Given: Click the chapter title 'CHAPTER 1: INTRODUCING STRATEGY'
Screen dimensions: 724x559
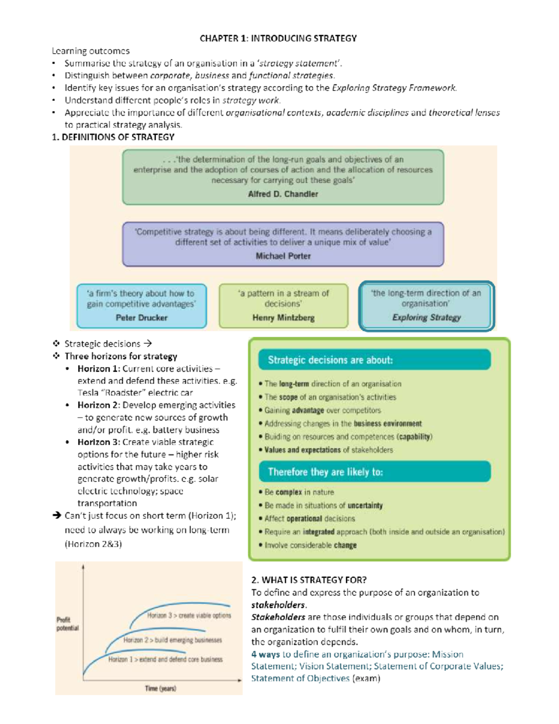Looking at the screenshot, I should [x=278, y=38].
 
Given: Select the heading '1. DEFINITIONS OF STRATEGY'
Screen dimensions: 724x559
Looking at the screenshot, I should [x=113, y=137].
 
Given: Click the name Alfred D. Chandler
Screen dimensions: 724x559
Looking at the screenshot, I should [x=283, y=194].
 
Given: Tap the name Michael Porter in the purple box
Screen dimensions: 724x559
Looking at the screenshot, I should [x=283, y=256].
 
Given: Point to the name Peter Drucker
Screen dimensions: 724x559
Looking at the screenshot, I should [x=141, y=317].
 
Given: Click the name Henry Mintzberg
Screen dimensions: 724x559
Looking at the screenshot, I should [x=283, y=317].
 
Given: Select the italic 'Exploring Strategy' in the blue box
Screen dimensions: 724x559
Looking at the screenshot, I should [x=426, y=317].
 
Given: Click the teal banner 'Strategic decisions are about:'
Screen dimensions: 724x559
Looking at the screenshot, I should [x=330, y=360].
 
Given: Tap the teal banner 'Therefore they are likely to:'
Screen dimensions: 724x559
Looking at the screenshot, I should [x=325, y=472].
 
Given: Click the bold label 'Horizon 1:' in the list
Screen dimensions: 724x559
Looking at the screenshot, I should [x=99, y=368].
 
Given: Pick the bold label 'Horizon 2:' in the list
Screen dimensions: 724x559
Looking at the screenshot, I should [x=99, y=405].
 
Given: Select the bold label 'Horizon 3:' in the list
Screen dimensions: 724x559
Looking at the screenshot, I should [x=99, y=442].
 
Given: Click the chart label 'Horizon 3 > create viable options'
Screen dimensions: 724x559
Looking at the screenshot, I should [x=189, y=615].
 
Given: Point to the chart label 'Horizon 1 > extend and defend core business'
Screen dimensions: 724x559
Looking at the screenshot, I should [x=165, y=659].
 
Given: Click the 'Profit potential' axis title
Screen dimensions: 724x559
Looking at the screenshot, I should [x=67, y=624].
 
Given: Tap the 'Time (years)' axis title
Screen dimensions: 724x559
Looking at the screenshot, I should [x=160, y=689].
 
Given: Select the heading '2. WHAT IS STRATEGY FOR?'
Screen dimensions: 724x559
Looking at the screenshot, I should [x=309, y=580].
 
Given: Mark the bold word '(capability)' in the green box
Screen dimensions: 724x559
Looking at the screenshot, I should [x=414, y=437].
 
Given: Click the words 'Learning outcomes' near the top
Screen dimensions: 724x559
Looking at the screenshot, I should [x=90, y=51].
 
